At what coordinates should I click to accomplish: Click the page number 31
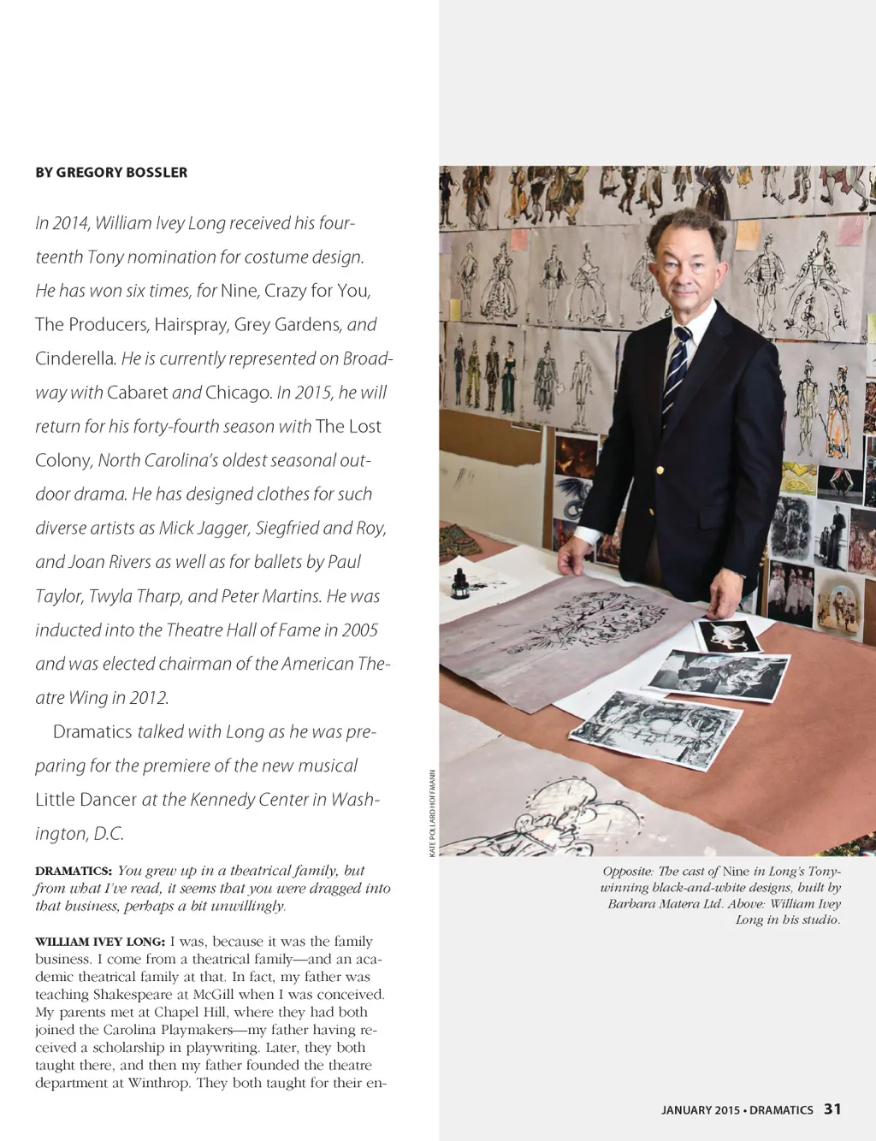pyautogui.click(x=832, y=1108)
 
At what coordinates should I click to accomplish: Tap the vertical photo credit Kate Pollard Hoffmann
pyautogui.click(x=433, y=813)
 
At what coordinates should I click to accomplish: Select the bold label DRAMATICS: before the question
pyautogui.click(x=74, y=871)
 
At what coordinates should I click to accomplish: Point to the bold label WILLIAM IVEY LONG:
pyautogui.click(x=100, y=942)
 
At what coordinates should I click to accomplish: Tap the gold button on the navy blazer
pyautogui.click(x=660, y=470)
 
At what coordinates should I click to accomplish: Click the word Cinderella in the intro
pyautogui.click(x=74, y=358)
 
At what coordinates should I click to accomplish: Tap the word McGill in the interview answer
pyautogui.click(x=269, y=995)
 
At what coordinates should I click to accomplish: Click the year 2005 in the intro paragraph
pyautogui.click(x=359, y=630)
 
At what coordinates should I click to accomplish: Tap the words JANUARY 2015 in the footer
pyautogui.click(x=700, y=1110)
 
